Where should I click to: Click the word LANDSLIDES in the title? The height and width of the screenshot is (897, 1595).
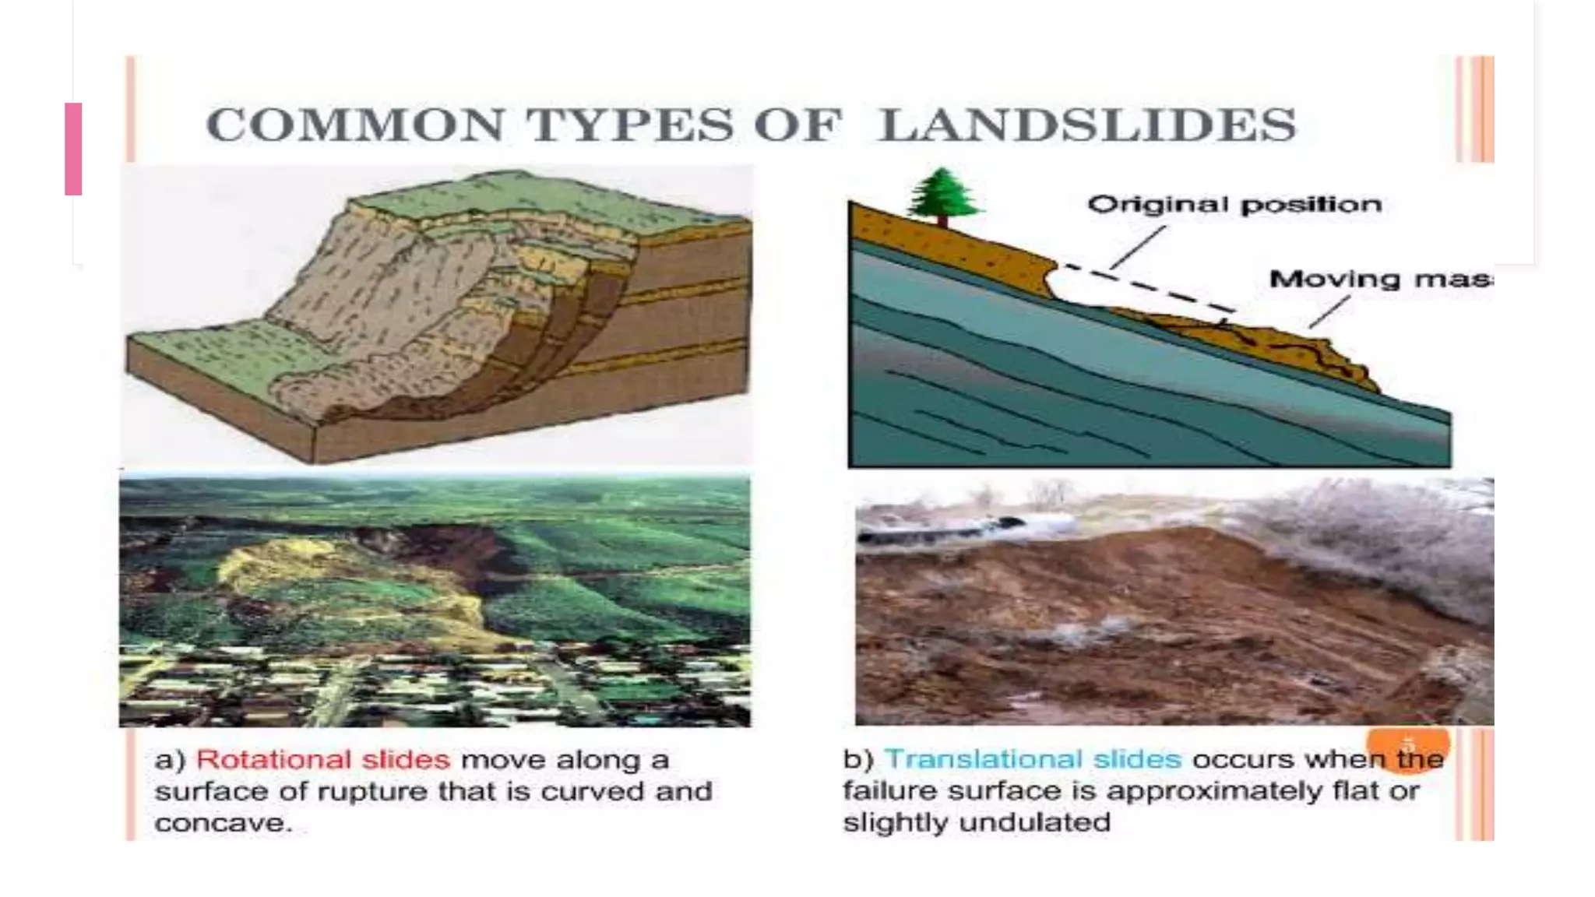click(1086, 125)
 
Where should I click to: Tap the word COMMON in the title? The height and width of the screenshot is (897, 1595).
click(355, 125)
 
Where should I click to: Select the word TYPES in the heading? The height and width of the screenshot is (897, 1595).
click(629, 125)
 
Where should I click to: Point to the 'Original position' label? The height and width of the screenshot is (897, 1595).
click(1234, 205)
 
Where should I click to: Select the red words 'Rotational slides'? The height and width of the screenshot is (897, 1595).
click(322, 760)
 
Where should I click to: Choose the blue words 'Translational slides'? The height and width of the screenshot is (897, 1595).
click(1033, 759)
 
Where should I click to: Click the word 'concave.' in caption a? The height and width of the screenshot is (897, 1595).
click(224, 823)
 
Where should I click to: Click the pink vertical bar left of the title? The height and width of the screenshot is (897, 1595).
click(73, 148)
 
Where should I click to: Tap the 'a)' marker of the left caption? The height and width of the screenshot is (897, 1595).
click(169, 760)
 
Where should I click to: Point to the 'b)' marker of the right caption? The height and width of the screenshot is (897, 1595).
click(858, 759)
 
